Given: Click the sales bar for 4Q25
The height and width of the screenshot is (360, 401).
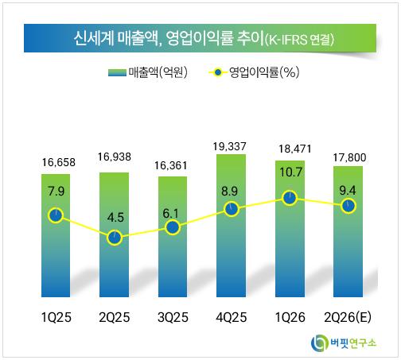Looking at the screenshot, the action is click(x=231, y=226).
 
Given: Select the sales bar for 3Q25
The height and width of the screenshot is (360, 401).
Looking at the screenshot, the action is click(x=173, y=237).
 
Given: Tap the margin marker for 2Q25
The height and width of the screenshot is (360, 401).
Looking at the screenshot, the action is click(x=115, y=238).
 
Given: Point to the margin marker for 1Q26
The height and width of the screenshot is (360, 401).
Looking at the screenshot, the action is click(x=290, y=198).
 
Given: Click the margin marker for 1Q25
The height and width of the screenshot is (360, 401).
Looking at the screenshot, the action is click(x=56, y=215).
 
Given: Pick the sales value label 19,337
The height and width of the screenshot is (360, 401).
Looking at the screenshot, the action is click(x=230, y=146).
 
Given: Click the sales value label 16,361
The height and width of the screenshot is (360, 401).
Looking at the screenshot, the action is click(x=171, y=166).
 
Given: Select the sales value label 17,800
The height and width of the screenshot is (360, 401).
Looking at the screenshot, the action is click(x=349, y=157).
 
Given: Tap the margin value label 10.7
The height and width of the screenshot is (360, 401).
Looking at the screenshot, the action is click(x=290, y=172).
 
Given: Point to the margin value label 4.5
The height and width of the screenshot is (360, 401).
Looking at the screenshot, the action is click(x=115, y=218).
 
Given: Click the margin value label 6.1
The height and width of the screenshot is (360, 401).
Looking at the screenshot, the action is click(x=171, y=214).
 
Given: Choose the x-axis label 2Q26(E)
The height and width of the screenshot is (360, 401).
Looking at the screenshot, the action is click(x=348, y=317).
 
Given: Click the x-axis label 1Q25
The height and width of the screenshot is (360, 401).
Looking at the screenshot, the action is click(x=56, y=317).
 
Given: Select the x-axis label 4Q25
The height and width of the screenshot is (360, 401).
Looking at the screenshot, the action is click(x=232, y=317).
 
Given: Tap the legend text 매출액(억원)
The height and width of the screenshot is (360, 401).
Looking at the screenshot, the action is click(x=158, y=72).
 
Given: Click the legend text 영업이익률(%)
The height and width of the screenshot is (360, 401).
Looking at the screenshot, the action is click(x=264, y=72).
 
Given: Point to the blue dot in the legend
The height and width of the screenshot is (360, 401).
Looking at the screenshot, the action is click(x=218, y=72).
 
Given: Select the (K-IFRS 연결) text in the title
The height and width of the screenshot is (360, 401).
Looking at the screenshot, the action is click(x=299, y=40).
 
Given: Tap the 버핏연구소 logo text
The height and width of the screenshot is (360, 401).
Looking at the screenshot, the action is click(x=353, y=343).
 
